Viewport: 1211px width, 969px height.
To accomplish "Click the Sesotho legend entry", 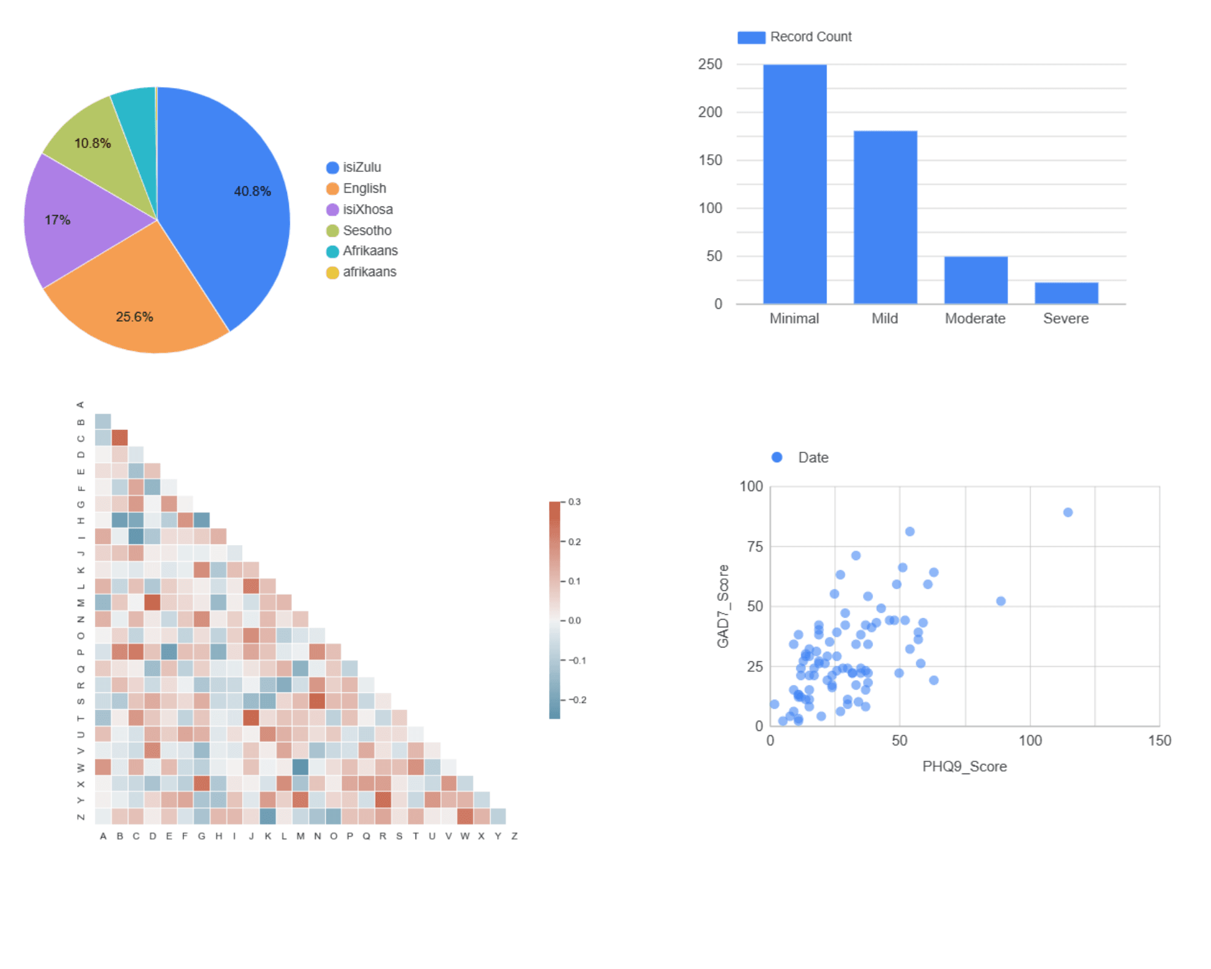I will point(366,231).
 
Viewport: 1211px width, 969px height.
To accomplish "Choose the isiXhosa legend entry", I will point(367,210).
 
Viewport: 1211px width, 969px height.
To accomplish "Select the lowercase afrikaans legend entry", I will point(369,272).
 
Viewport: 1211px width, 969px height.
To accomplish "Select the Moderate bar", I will point(975,280).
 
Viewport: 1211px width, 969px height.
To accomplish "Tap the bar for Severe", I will point(1066,293).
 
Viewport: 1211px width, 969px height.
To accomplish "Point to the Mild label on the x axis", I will point(885,319).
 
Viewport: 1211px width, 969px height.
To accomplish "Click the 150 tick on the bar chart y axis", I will point(710,160).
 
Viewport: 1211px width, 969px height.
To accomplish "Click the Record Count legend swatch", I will point(751,38).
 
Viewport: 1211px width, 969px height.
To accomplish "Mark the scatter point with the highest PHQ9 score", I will point(1068,512).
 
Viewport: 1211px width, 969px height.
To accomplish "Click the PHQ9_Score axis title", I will point(965,767).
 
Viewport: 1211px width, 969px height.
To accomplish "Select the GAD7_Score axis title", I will point(723,606).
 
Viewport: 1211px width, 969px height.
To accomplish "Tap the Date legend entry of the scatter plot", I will point(812,458).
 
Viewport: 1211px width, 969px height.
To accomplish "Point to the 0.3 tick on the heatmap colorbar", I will point(574,502).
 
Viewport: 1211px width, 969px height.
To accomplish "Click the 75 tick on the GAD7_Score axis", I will point(754,547).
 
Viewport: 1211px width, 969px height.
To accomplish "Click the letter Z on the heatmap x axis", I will point(514,836).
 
